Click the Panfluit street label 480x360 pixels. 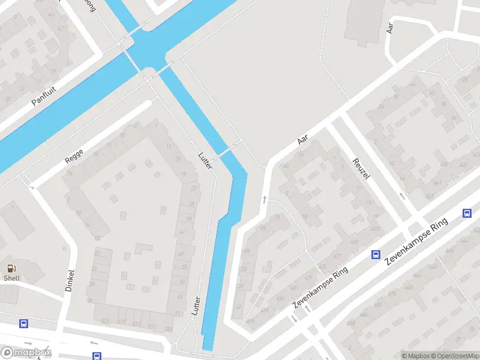(44, 94)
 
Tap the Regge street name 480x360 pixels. (74, 156)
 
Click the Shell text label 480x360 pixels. (11, 278)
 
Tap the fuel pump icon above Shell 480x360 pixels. (11, 268)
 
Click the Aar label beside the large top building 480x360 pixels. (390, 27)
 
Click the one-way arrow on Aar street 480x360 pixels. (263, 198)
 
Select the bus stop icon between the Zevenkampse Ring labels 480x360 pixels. (376, 254)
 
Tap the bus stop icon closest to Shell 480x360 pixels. (23, 324)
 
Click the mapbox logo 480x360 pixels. (26, 353)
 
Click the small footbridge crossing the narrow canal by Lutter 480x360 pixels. (227, 149)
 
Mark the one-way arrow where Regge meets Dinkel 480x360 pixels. (32, 187)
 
